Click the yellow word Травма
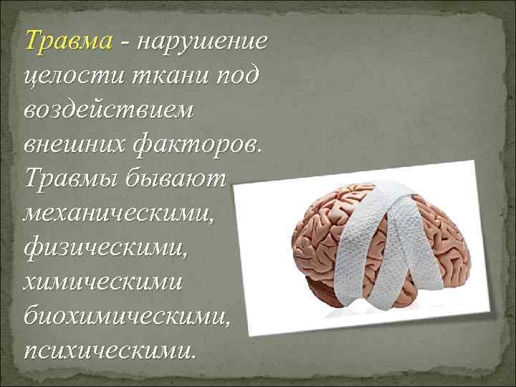(68, 42)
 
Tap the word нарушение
(205, 42)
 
